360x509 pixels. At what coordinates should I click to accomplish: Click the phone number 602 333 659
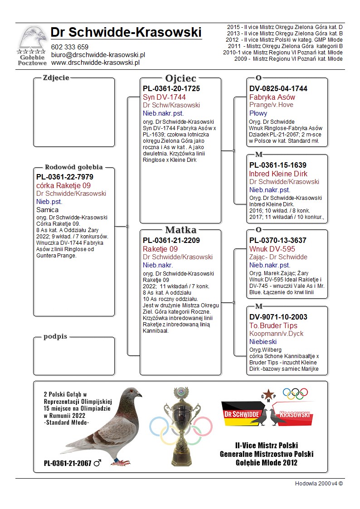click(x=70, y=47)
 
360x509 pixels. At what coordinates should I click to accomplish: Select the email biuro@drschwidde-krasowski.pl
click(x=98, y=55)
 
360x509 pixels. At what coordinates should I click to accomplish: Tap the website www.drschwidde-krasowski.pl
click(x=95, y=63)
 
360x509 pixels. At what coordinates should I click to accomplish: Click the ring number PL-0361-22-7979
click(x=64, y=177)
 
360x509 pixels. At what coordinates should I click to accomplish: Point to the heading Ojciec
click(x=180, y=78)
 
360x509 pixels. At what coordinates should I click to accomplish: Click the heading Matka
click(x=180, y=230)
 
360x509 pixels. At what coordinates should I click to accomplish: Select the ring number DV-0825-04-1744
click(x=278, y=89)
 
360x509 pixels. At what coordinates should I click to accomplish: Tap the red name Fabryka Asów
click(x=272, y=97)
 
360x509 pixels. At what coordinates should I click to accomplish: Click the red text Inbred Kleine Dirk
click(x=278, y=174)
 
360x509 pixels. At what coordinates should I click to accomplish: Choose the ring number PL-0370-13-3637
click(x=277, y=241)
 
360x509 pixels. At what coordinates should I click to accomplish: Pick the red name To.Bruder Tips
click(x=273, y=325)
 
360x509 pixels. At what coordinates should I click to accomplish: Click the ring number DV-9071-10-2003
click(x=278, y=317)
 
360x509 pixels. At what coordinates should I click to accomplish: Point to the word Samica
click(x=47, y=210)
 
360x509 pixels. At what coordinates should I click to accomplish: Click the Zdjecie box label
click(x=56, y=78)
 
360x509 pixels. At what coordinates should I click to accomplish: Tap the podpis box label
click(x=56, y=337)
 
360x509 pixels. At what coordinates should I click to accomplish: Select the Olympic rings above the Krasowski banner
click(x=295, y=393)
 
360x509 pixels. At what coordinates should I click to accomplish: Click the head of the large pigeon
click(x=133, y=393)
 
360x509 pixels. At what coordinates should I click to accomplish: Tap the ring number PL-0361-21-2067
click(x=68, y=463)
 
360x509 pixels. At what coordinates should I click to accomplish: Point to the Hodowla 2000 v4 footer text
click(x=319, y=483)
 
